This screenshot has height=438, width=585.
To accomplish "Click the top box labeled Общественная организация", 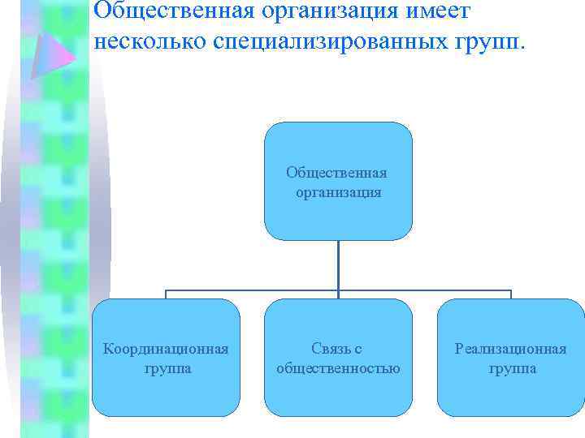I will pos(338,181).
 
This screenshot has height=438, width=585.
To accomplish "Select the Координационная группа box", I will pos(166,358).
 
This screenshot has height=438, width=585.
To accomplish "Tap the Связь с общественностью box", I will pos(338,358).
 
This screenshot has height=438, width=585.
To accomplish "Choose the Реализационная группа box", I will pos(511,358).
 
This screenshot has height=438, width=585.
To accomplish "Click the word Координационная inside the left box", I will pos(165,349).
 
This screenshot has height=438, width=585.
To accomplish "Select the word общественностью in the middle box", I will pos(338,369).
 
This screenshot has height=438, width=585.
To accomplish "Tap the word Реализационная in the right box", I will pos(511,349).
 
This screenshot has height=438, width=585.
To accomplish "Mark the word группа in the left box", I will pos(165,369).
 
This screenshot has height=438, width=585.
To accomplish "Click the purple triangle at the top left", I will pos(51,49).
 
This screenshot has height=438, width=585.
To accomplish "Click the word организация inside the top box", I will pos(338,193).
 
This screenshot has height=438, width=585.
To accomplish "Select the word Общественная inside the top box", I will pos(336,173).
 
